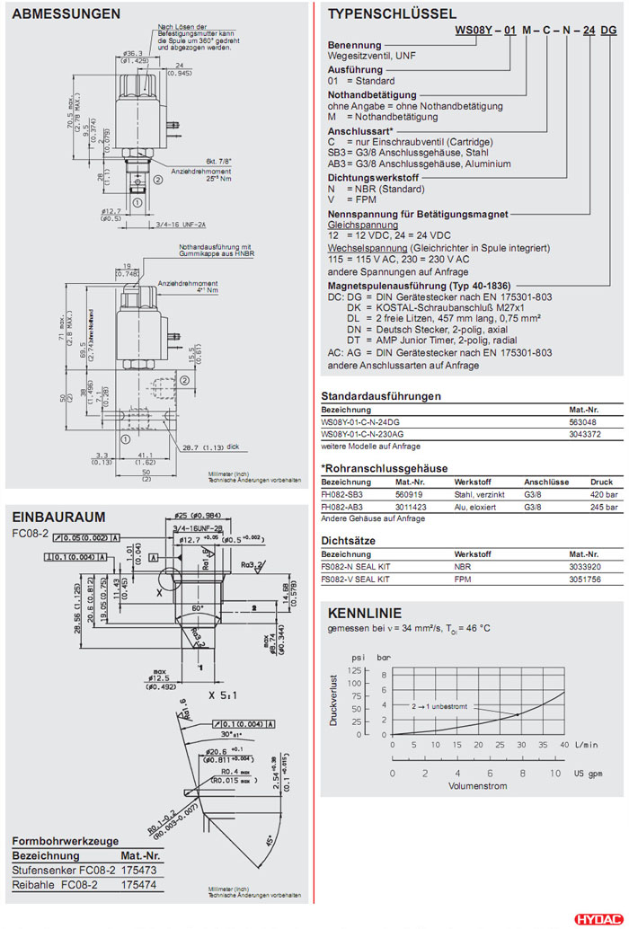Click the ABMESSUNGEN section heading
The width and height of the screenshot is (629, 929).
pyautogui.click(x=66, y=14)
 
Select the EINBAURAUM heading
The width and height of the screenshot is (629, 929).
pyautogui.click(x=58, y=517)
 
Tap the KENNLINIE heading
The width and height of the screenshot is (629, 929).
pyautogui.click(x=365, y=614)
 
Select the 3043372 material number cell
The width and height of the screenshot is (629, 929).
pyautogui.click(x=586, y=433)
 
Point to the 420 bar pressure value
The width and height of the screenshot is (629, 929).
pyautogui.click(x=603, y=494)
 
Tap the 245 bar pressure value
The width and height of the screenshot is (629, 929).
pyautogui.click(x=603, y=506)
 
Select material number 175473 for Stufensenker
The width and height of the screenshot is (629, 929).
pyautogui.click(x=139, y=871)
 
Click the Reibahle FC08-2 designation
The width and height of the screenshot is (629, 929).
pyautogui.click(x=64, y=885)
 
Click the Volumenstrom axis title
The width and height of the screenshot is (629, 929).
pyautogui.click(x=477, y=786)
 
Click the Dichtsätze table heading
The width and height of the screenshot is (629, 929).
pyautogui.click(x=348, y=541)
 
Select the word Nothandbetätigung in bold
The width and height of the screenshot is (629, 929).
pyautogui.click(x=372, y=94)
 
